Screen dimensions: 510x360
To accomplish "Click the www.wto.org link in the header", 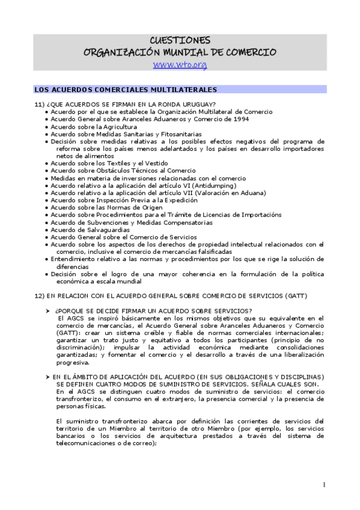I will (180, 64).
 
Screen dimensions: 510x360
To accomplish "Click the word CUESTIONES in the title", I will (180, 40).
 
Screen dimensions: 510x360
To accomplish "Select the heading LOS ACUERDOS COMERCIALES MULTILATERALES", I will (125, 90).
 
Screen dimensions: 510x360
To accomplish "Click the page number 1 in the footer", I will (324, 485).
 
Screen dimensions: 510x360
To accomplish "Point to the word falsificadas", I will (194, 251).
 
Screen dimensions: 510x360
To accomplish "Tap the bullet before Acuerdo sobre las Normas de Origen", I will (47, 207).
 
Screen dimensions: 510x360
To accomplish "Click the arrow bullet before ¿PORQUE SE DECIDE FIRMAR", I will (48, 310).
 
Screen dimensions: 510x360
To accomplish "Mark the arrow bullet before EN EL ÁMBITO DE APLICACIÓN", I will (48, 376).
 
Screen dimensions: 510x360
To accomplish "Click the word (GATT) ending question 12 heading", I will (296, 296).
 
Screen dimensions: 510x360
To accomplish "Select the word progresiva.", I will (73, 363).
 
